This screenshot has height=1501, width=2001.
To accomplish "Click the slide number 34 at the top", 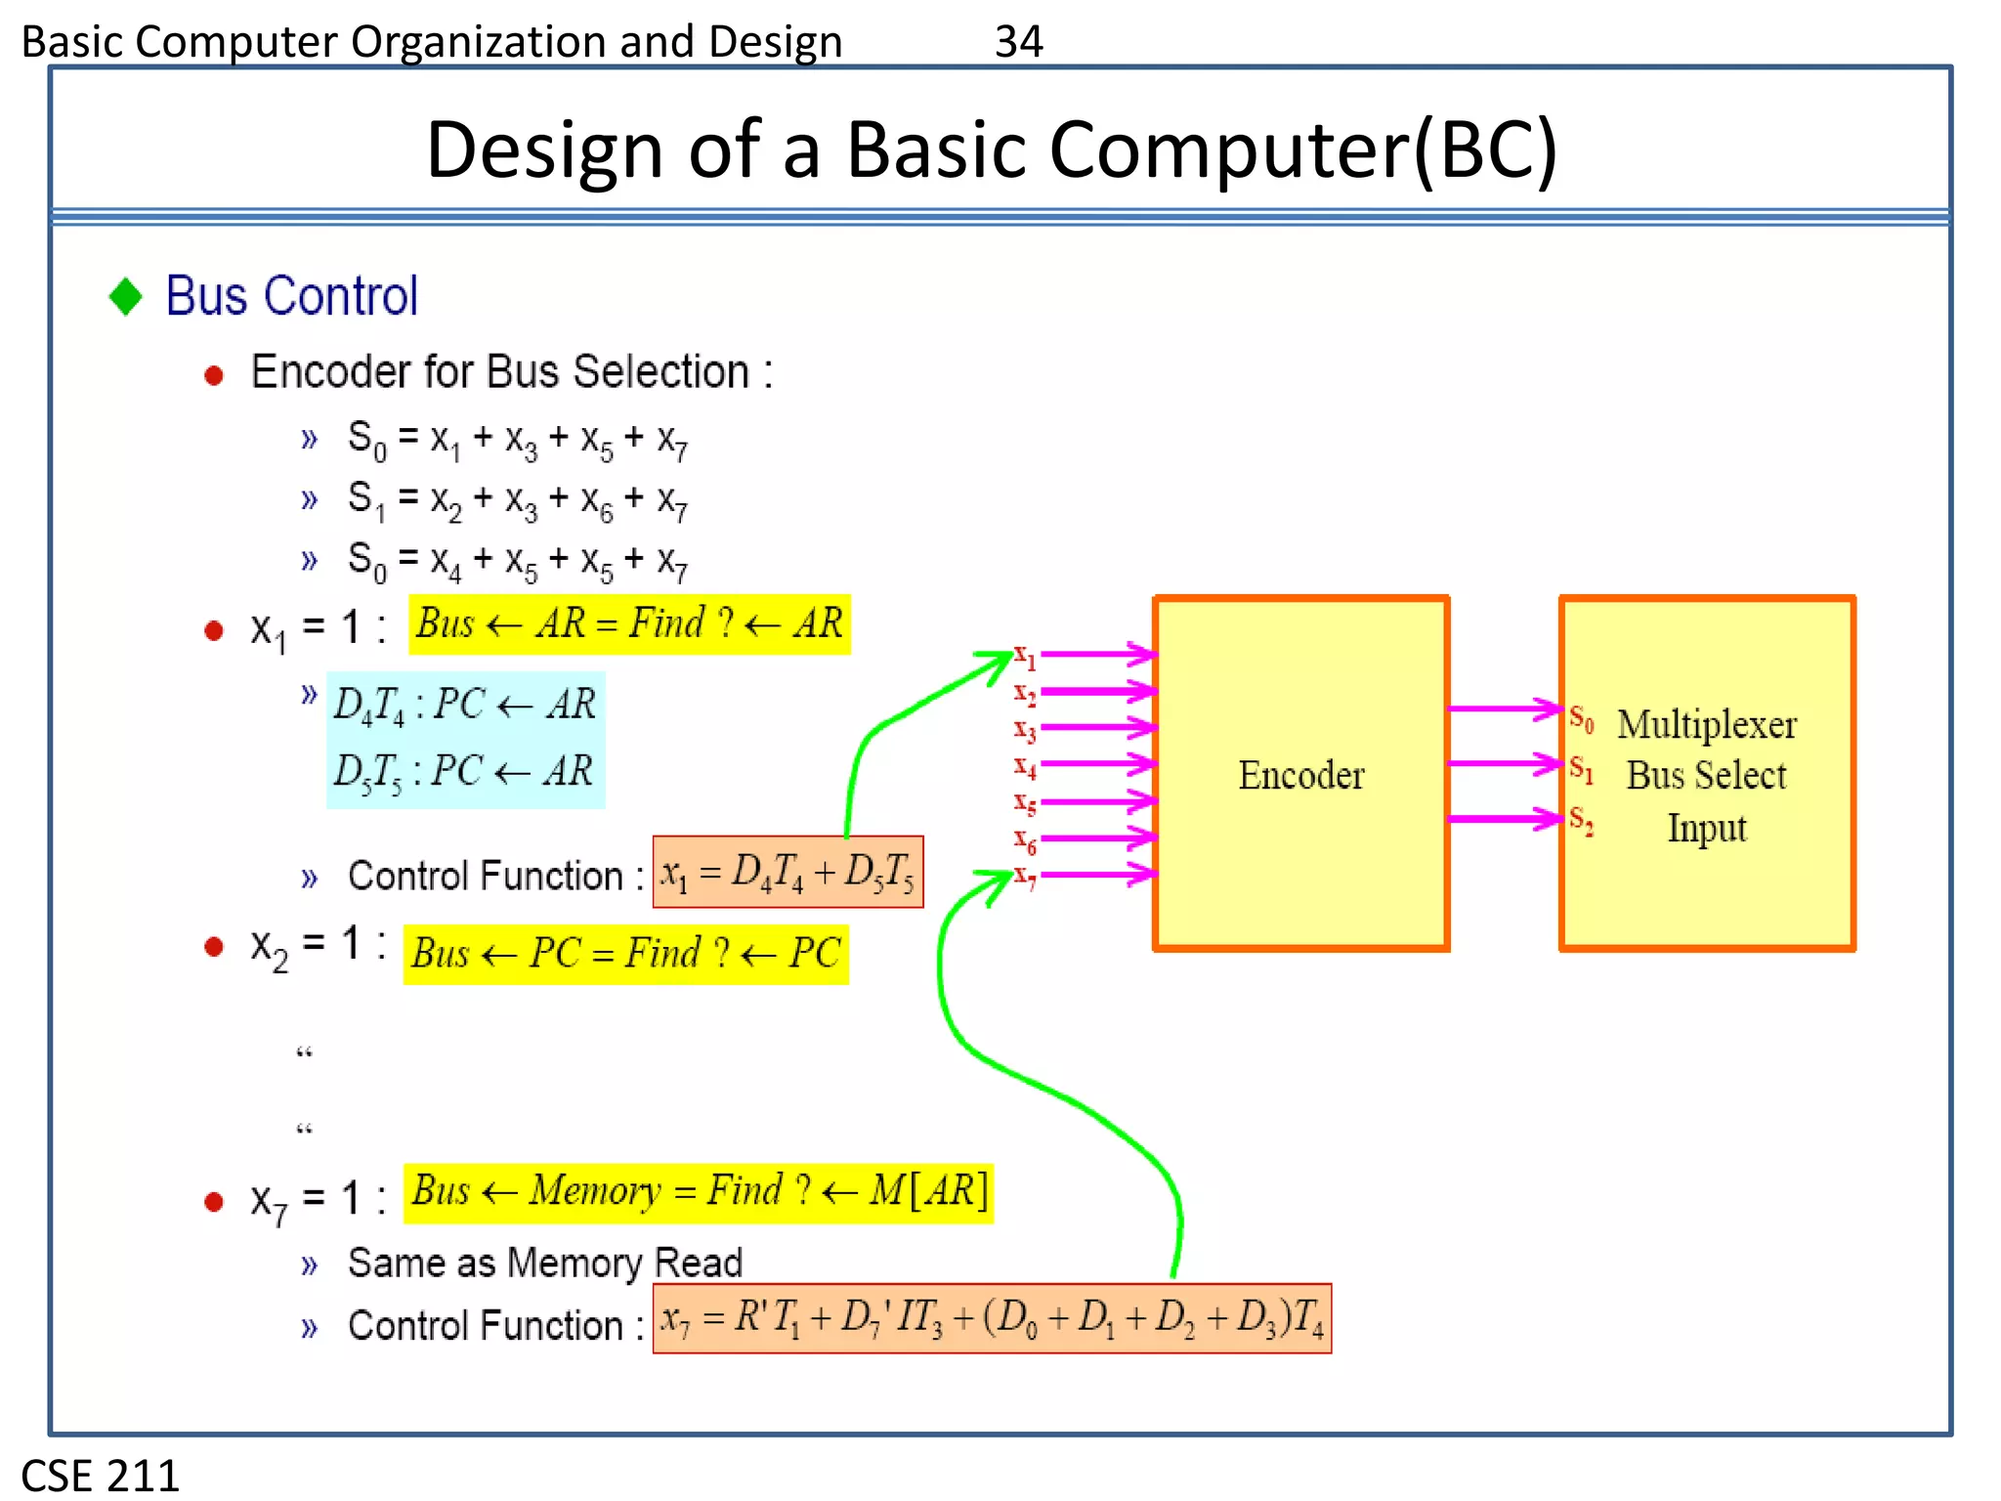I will tap(1018, 42).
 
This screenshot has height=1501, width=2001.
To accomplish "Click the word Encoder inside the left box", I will tap(1300, 775).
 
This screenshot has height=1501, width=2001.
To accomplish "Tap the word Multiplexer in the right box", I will tap(1706, 724).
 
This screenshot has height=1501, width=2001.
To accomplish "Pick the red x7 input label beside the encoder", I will tap(1024, 876).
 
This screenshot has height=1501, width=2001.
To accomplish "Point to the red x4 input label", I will tap(1024, 767).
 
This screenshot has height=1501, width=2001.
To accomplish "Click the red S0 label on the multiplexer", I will tap(1581, 719).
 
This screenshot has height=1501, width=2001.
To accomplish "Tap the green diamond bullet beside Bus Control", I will tap(126, 296).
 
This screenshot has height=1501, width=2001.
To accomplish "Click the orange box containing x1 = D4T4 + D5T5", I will tap(788, 872).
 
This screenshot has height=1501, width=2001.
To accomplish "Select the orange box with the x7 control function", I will tap(992, 1319).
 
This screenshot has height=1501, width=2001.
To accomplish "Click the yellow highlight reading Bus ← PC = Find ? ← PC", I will tap(625, 954).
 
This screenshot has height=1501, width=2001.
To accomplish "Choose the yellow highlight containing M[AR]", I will tap(699, 1192).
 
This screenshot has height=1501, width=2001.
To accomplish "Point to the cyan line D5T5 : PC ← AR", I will tap(463, 772).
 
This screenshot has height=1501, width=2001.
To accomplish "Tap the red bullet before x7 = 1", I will tap(214, 1202).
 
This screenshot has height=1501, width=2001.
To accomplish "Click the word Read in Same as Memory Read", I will tap(698, 1263).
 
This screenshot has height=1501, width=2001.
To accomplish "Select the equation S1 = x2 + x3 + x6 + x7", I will tap(518, 500).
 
